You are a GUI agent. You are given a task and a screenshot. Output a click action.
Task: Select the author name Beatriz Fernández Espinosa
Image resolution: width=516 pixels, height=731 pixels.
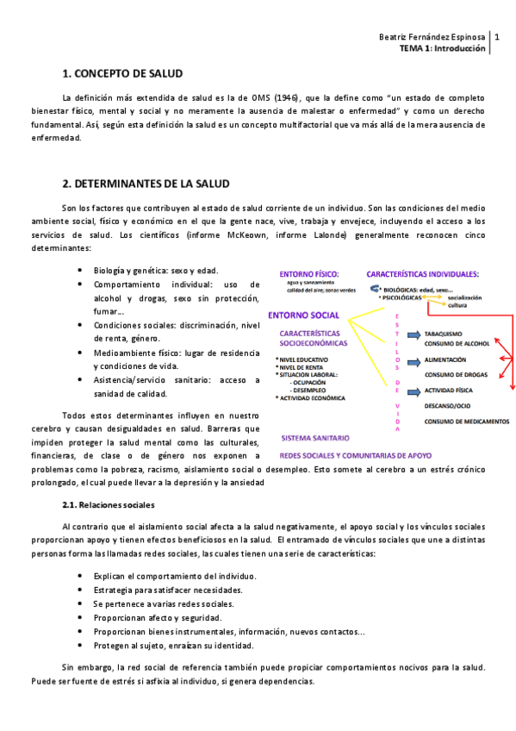[432, 37]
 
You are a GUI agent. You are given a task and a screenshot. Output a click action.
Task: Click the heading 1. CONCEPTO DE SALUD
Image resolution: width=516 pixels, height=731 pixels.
[123, 74]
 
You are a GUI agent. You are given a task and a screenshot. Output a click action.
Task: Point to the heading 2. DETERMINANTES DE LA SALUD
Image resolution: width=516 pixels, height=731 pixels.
[146, 184]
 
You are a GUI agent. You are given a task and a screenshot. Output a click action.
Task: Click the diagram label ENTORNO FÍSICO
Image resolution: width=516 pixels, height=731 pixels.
[309, 274]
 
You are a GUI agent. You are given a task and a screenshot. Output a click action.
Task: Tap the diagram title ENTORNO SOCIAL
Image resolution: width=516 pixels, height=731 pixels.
[303, 315]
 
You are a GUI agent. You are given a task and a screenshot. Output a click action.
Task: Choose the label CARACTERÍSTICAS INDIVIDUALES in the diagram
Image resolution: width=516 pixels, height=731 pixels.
[422, 274]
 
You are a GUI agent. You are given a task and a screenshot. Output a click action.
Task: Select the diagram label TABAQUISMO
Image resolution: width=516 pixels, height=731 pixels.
[445, 334]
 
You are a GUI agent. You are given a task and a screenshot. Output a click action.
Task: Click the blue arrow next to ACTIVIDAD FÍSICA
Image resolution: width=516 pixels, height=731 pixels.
[413, 390]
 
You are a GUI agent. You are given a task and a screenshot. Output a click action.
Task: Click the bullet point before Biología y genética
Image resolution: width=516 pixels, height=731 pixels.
[81, 270]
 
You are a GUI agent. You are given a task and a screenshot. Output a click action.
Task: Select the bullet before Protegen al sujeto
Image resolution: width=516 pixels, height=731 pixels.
[81, 645]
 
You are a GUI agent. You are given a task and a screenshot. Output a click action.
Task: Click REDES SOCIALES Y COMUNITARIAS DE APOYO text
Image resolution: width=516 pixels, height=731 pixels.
[357, 455]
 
